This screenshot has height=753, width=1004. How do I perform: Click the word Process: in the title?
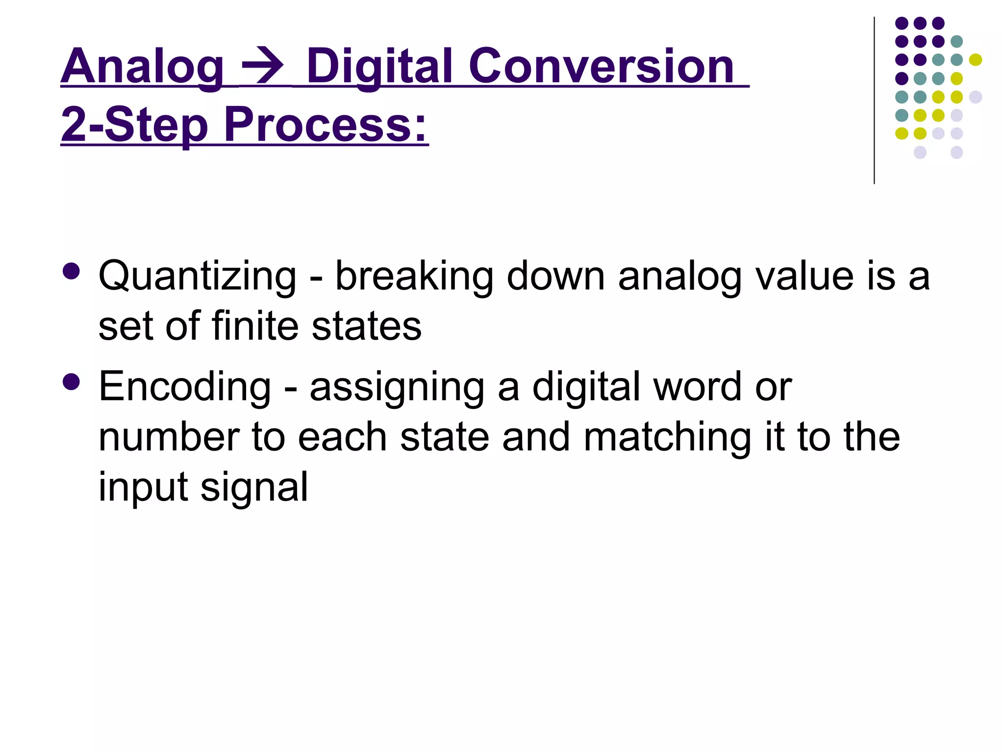pyautogui.click(x=326, y=125)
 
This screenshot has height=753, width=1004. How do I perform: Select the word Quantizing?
pyautogui.click(x=197, y=276)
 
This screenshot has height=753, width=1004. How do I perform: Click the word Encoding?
pyautogui.click(x=185, y=387)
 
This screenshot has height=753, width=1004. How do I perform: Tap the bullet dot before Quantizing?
pyautogui.click(x=72, y=271)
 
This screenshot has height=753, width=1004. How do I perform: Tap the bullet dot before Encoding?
pyautogui.click(x=72, y=382)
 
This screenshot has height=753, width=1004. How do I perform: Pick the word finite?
pyautogui.click(x=255, y=326)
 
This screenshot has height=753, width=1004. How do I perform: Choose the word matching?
pyautogui.click(x=667, y=437)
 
